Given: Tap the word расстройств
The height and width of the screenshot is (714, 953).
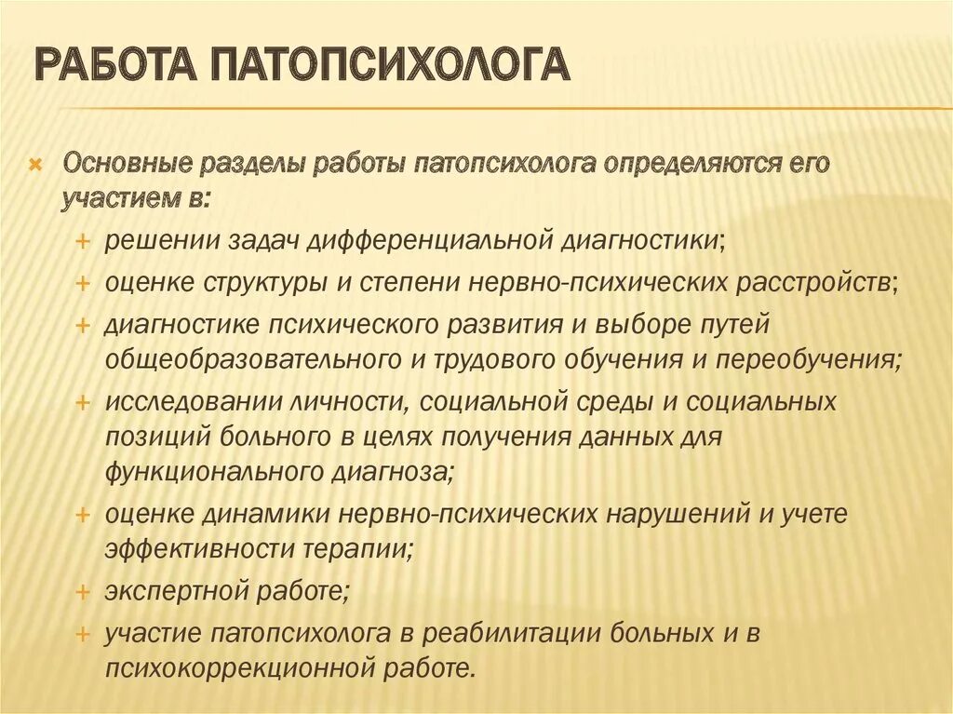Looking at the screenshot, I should coord(813,281).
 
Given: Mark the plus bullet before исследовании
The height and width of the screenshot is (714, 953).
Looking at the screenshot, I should coord(83,402).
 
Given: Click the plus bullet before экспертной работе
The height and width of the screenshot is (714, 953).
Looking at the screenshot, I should coord(83,590).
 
